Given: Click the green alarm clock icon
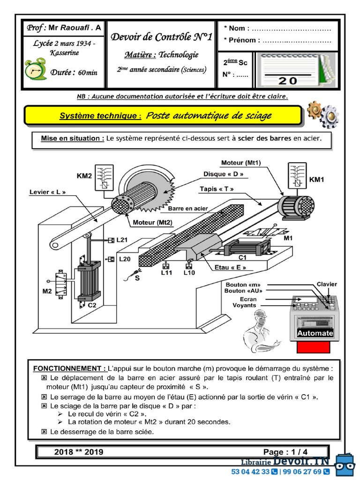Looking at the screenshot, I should point(36,69).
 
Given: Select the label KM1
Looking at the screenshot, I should point(317,180).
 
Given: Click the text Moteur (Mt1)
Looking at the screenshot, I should point(240,163).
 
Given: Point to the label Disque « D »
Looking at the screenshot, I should point(223,174).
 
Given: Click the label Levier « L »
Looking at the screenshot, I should point(47,192).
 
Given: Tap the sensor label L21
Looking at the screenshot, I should point(122,240).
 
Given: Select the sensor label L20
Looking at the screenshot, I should point(125,259).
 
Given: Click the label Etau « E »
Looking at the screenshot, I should point(230,268).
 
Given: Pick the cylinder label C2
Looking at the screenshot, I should point(92,305).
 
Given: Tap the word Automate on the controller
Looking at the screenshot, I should point(315,333).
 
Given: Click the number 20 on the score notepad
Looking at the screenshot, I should point(287,80).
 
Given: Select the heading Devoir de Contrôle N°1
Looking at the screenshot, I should point(161,37).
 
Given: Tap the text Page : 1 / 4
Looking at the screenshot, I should point(285,452).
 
